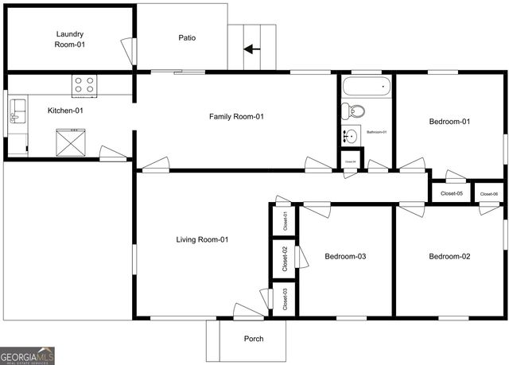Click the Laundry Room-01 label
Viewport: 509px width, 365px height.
click(x=70, y=39)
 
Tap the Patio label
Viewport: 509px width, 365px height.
click(x=187, y=37)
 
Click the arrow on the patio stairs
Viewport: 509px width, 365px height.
click(x=252, y=49)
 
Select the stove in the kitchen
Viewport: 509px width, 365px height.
click(x=84, y=83)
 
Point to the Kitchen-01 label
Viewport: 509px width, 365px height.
click(x=65, y=111)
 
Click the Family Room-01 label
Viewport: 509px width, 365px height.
click(x=236, y=117)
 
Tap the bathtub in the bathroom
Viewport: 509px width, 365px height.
click(x=367, y=86)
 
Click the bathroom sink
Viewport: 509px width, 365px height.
click(x=351, y=135)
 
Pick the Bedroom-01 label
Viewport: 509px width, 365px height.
click(x=450, y=122)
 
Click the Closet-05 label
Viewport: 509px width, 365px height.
click(x=452, y=193)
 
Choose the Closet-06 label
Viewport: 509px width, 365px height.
click(x=489, y=194)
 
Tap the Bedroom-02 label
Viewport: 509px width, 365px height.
click(x=450, y=256)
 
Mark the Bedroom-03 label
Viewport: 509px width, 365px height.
click(x=346, y=256)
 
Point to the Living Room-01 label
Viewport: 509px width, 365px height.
click(x=202, y=239)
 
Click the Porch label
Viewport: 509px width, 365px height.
click(x=254, y=339)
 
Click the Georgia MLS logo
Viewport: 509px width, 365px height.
click(x=28, y=355)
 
